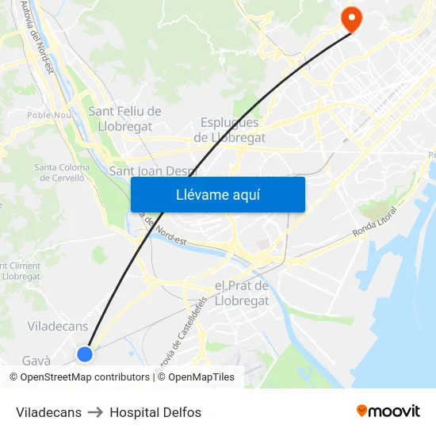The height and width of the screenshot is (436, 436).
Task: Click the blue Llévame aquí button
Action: [217, 194]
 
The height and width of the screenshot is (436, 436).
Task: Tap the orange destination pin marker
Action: [350, 19]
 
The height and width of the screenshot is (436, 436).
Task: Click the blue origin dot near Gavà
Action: [85, 354]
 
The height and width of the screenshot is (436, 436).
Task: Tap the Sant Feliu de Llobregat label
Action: [124, 118]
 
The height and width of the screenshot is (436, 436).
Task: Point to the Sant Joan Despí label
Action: [152, 170]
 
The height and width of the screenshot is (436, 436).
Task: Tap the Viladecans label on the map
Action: [59, 326]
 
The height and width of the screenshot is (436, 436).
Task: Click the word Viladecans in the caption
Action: [48, 412]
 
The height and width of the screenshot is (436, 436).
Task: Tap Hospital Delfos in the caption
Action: [155, 412]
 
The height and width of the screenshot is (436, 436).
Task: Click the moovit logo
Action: [388, 411]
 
